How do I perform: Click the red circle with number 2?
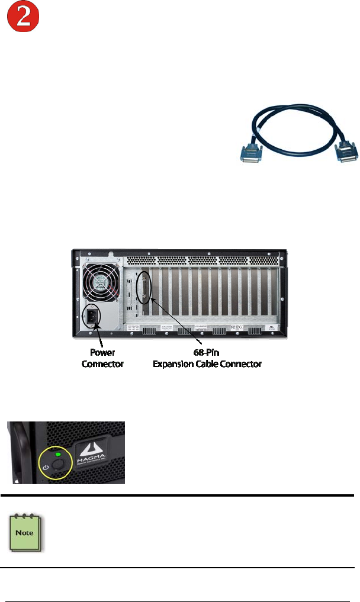pyautogui.click(x=22, y=20)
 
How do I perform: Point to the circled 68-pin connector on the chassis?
pyautogui.click(x=142, y=289)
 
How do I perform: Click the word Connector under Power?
pyautogui.click(x=102, y=363)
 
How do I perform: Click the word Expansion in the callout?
pyautogui.click(x=176, y=363)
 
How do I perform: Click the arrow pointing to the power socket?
pyautogui.click(x=99, y=340)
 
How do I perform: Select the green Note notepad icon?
pyautogui.click(x=23, y=532)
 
